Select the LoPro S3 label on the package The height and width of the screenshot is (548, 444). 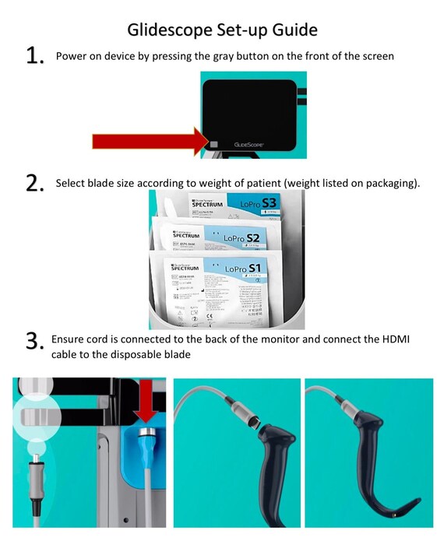click(259, 205)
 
